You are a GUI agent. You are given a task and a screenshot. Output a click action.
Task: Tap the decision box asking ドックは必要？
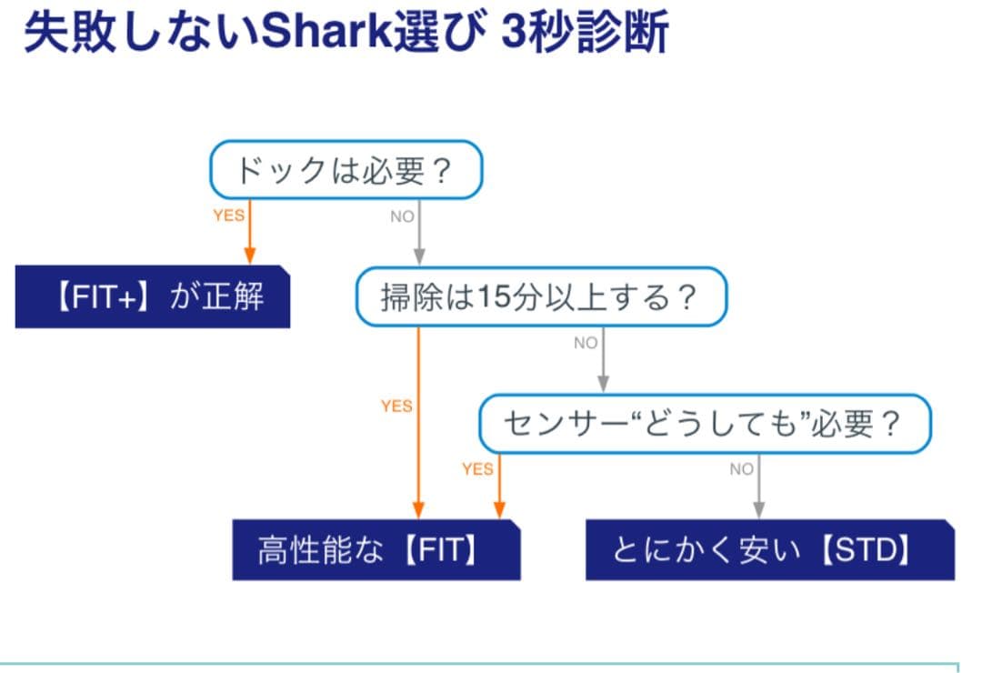[x=346, y=170]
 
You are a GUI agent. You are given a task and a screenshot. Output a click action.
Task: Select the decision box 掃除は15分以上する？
[x=541, y=297]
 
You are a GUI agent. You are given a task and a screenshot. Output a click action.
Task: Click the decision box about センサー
[x=706, y=424]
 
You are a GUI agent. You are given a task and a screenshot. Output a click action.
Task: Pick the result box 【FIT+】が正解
[x=153, y=297]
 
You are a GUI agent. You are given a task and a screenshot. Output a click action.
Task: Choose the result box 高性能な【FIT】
[x=376, y=550]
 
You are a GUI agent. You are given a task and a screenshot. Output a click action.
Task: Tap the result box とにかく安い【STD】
[x=769, y=550]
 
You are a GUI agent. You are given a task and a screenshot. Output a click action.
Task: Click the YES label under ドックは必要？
[x=228, y=216]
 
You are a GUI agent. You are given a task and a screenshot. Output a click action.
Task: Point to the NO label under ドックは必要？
[x=402, y=216]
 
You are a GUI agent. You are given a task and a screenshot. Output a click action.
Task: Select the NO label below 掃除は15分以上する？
[x=586, y=344]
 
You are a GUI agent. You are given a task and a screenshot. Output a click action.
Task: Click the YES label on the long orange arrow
[x=396, y=407]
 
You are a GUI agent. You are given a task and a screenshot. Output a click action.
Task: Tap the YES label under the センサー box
[x=477, y=469]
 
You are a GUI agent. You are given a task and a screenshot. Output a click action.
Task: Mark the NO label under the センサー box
[x=742, y=469]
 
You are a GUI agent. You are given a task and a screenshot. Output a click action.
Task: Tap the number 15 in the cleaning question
[x=491, y=297]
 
